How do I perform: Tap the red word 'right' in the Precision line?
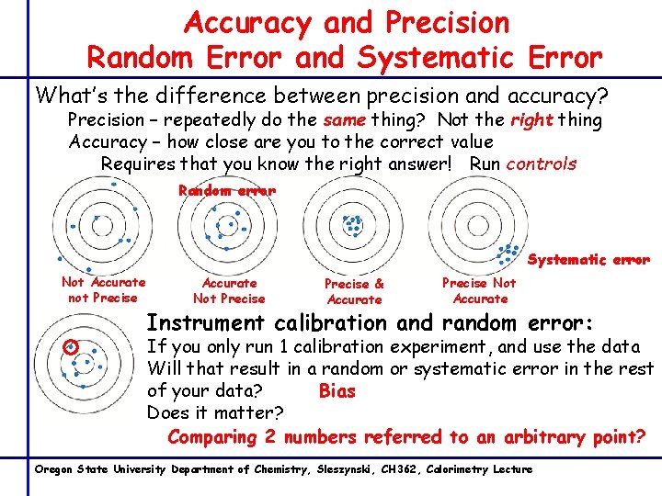click(x=532, y=120)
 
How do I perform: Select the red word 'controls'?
click(x=542, y=164)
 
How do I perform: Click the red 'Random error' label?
click(x=226, y=191)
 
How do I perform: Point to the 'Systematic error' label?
click(x=588, y=260)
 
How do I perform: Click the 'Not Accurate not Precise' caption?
click(x=103, y=290)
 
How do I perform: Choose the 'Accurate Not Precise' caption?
click(x=229, y=291)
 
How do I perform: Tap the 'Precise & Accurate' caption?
click(x=354, y=292)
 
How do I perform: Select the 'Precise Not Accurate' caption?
click(x=479, y=291)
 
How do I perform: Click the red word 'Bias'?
click(x=337, y=391)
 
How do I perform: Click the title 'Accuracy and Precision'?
click(x=346, y=22)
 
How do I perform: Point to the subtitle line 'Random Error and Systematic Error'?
click(x=345, y=58)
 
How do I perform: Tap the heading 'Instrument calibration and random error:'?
click(x=371, y=323)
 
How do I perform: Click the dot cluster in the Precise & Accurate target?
click(x=352, y=224)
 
